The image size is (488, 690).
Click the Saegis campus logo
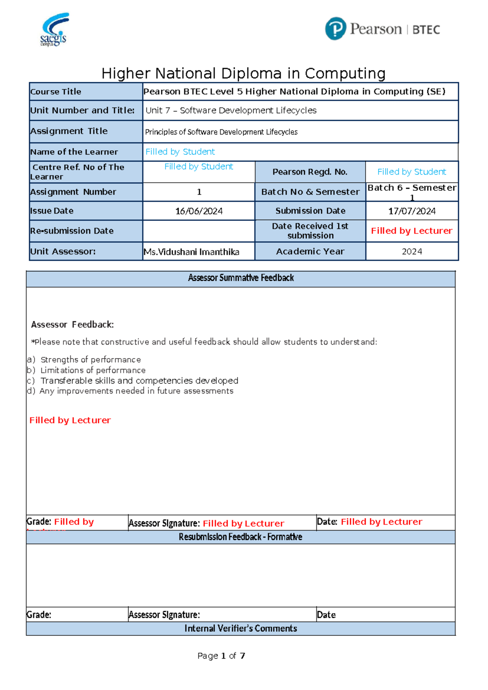point(54,29)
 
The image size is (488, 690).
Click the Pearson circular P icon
point(335,29)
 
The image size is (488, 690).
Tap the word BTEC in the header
point(426,30)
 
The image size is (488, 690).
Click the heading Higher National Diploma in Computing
point(243,74)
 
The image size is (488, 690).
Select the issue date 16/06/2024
point(199,211)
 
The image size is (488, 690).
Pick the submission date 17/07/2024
point(412,211)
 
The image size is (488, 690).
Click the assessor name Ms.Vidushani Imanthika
point(192,252)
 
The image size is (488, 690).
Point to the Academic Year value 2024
point(412,251)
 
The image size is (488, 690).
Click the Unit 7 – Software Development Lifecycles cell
point(231,110)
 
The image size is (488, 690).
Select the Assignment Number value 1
point(199,192)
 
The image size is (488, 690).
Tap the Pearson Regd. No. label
point(310,172)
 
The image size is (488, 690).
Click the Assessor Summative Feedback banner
point(241,278)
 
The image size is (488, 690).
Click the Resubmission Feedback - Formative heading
point(240,537)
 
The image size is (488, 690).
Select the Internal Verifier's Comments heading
point(240,629)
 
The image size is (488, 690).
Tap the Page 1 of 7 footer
point(221,656)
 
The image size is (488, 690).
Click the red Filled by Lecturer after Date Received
point(412,231)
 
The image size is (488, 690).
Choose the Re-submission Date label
point(72,231)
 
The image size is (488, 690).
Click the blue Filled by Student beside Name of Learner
point(180,152)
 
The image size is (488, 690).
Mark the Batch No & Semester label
point(310,192)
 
